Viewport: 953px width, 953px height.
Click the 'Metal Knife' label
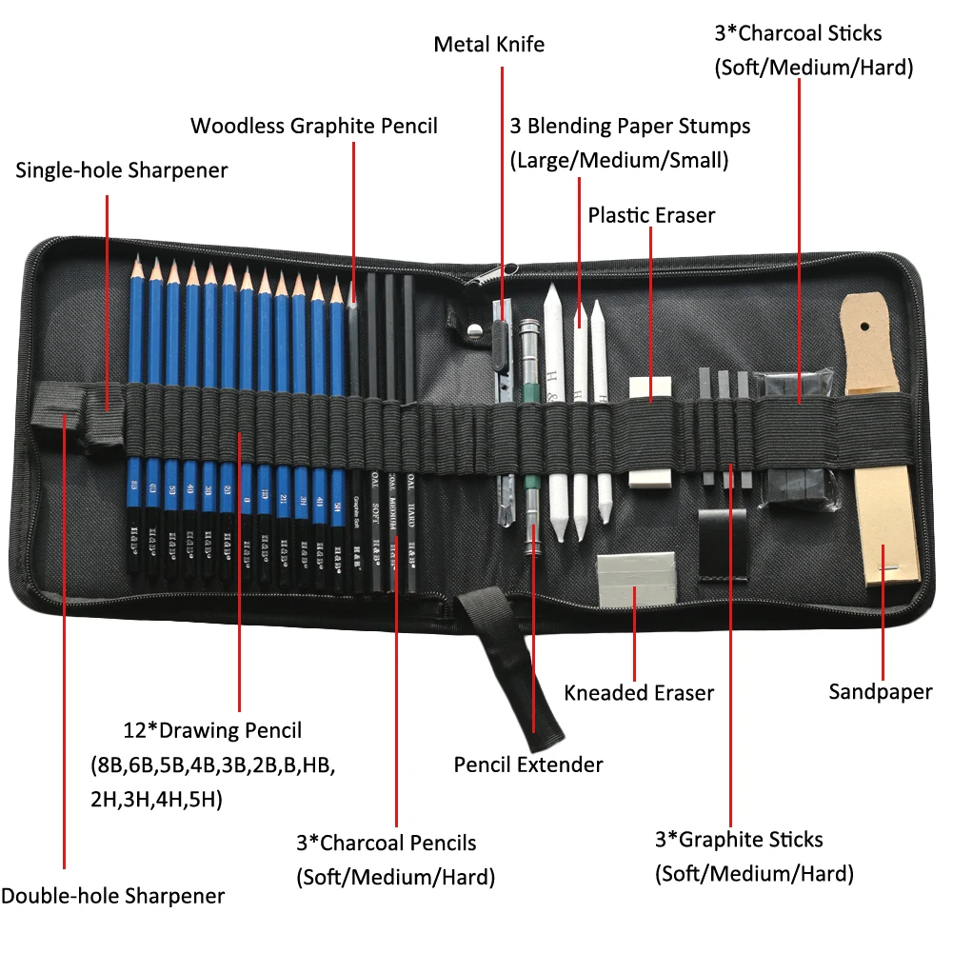[x=488, y=45]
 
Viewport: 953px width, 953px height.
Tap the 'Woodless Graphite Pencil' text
[x=314, y=126]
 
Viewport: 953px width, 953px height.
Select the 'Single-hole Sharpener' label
[x=122, y=170]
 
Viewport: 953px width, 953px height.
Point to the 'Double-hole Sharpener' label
[x=112, y=896]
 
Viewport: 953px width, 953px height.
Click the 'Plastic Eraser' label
[x=651, y=215]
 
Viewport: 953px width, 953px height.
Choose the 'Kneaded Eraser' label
[x=639, y=693]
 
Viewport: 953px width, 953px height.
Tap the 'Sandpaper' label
[x=880, y=691]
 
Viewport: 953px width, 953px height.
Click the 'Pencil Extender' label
[x=528, y=764]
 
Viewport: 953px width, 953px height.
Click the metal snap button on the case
[x=473, y=329]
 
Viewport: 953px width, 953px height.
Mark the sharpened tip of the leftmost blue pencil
[x=133, y=259]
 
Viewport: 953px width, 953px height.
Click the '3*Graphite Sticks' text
[x=739, y=840]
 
